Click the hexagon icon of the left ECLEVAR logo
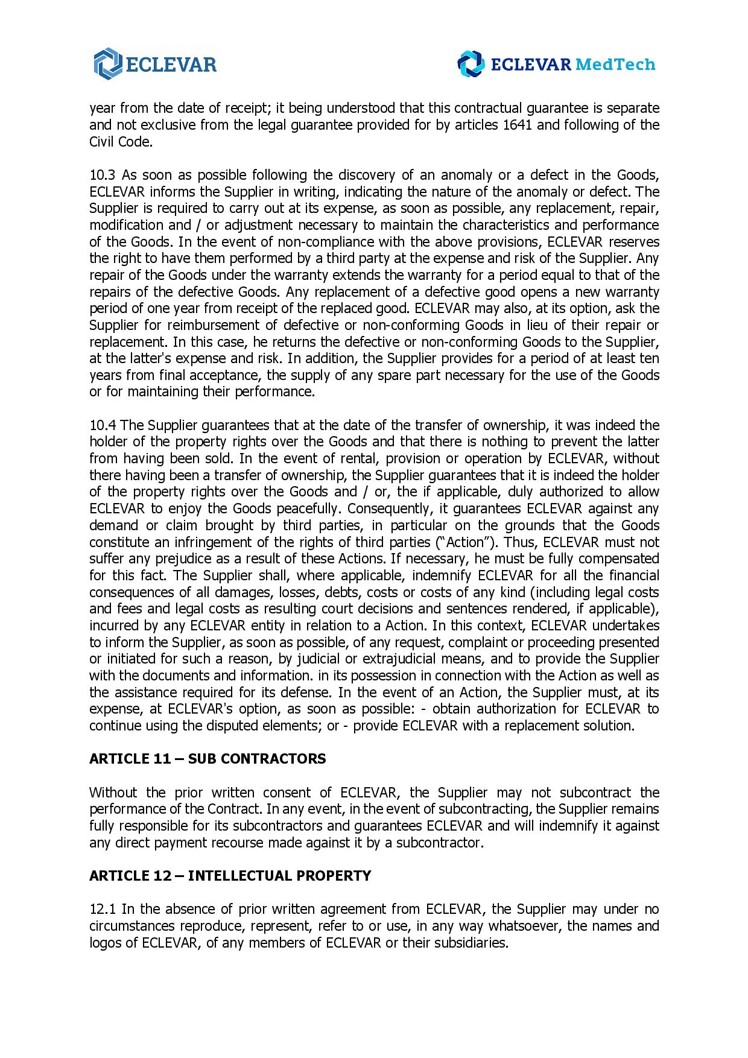coord(108,63)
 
